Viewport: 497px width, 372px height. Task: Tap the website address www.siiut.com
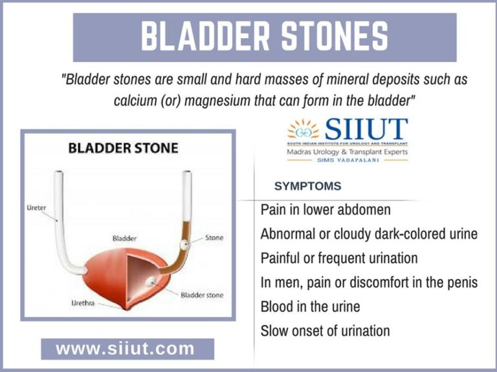coord(126,349)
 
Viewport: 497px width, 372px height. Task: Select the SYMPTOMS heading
coord(307,186)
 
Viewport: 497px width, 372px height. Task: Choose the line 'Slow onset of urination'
coord(325,331)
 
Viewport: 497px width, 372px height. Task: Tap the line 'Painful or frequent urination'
coord(338,258)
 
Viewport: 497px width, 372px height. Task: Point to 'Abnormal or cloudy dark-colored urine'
coord(369,234)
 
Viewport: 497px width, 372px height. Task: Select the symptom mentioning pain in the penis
coord(369,282)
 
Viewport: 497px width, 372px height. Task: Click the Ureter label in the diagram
coord(36,208)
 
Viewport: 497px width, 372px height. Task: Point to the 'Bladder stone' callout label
coord(202,294)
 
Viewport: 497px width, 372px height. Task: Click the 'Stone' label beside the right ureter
coord(214,238)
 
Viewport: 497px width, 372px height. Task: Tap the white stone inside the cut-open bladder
coord(150,281)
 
